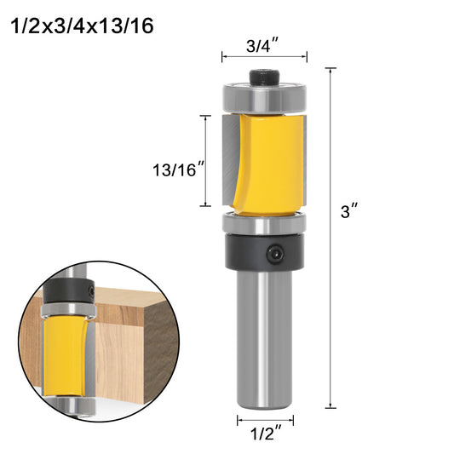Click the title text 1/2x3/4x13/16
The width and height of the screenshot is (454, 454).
[x=83, y=26]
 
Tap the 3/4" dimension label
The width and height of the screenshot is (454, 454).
[x=262, y=45]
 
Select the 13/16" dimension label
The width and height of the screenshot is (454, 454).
[x=179, y=170]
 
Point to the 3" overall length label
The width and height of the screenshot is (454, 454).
[x=349, y=210]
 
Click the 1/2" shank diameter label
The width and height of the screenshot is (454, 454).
[x=266, y=434]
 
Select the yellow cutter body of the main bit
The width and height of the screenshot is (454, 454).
[x=267, y=164]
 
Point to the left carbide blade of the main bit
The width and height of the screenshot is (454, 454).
[x=231, y=159]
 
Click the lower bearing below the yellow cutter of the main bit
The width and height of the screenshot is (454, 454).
[x=264, y=222]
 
